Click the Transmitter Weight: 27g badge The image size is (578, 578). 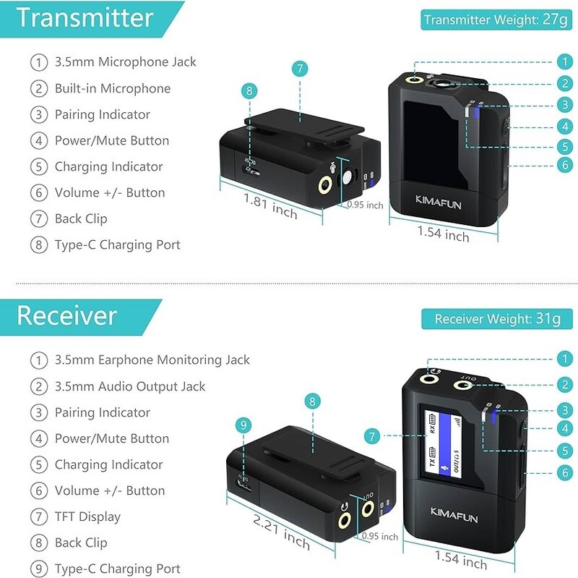496,20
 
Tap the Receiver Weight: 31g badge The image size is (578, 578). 497,319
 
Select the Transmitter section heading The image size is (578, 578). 85,18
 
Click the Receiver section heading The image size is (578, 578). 66,316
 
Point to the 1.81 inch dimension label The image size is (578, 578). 270,206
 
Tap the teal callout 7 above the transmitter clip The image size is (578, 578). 300,69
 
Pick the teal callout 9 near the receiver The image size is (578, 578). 243,425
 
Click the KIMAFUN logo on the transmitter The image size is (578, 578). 439,203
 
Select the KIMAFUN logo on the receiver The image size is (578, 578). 454,515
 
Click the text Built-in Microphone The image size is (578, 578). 113,88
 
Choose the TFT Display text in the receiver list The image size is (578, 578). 87,517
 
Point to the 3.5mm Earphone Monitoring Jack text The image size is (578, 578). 152,360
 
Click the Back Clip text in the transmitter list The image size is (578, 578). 81,219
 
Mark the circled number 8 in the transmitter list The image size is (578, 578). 39,245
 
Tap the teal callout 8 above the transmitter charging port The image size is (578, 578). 249,91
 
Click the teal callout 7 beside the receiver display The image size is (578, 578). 372,436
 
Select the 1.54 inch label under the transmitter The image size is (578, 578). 443,234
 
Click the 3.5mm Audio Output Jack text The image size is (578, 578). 130,386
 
